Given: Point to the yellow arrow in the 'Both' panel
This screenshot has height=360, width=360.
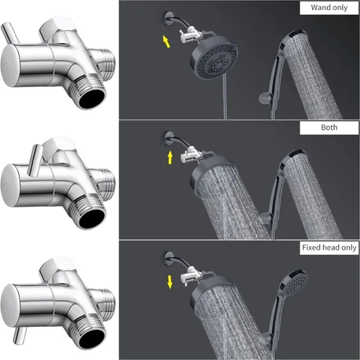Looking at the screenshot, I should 171,157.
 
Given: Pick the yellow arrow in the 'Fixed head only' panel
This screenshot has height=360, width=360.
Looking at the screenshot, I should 171,281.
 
